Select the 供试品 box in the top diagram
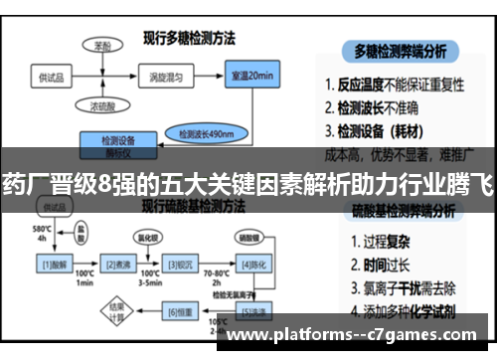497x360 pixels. [52, 76]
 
